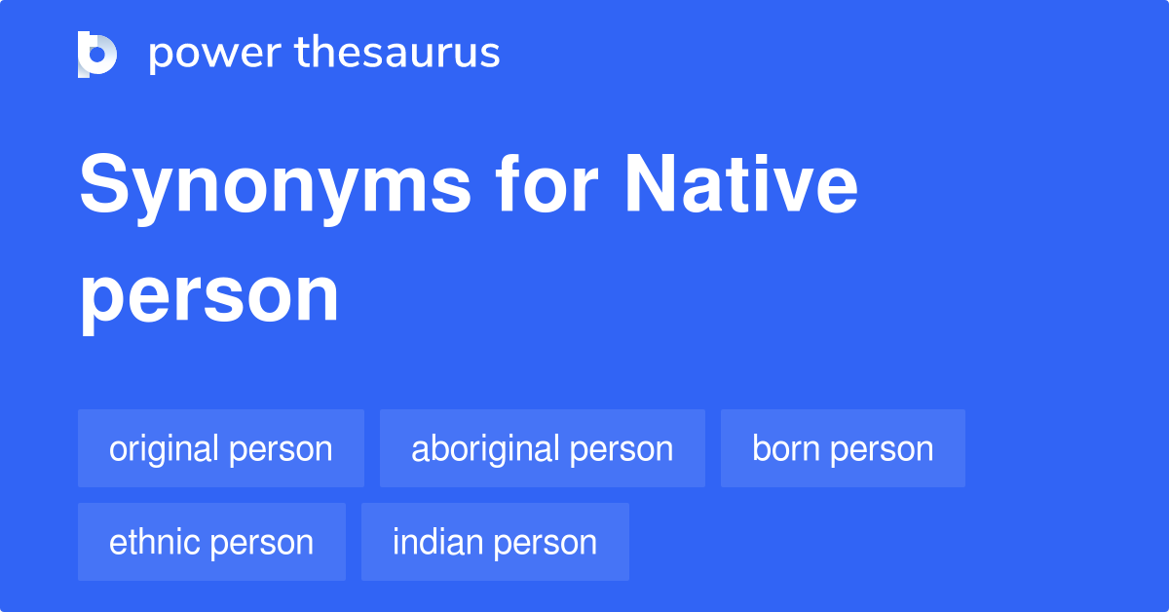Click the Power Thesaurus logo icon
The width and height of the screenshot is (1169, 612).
[x=96, y=55]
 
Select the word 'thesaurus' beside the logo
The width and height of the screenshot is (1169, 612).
[x=397, y=54]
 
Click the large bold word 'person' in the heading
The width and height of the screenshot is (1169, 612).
[x=209, y=296]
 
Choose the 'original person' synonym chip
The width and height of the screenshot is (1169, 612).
[x=221, y=448]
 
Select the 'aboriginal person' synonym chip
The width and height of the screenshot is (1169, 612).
[x=543, y=448]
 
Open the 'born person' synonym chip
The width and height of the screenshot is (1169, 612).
[x=843, y=448]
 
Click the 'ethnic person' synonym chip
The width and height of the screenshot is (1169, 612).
[x=211, y=542]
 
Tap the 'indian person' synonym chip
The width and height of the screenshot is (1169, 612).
[x=495, y=542]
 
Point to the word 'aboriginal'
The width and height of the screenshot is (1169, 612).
[x=485, y=448]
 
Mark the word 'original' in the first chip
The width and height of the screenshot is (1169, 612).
[x=165, y=448]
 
